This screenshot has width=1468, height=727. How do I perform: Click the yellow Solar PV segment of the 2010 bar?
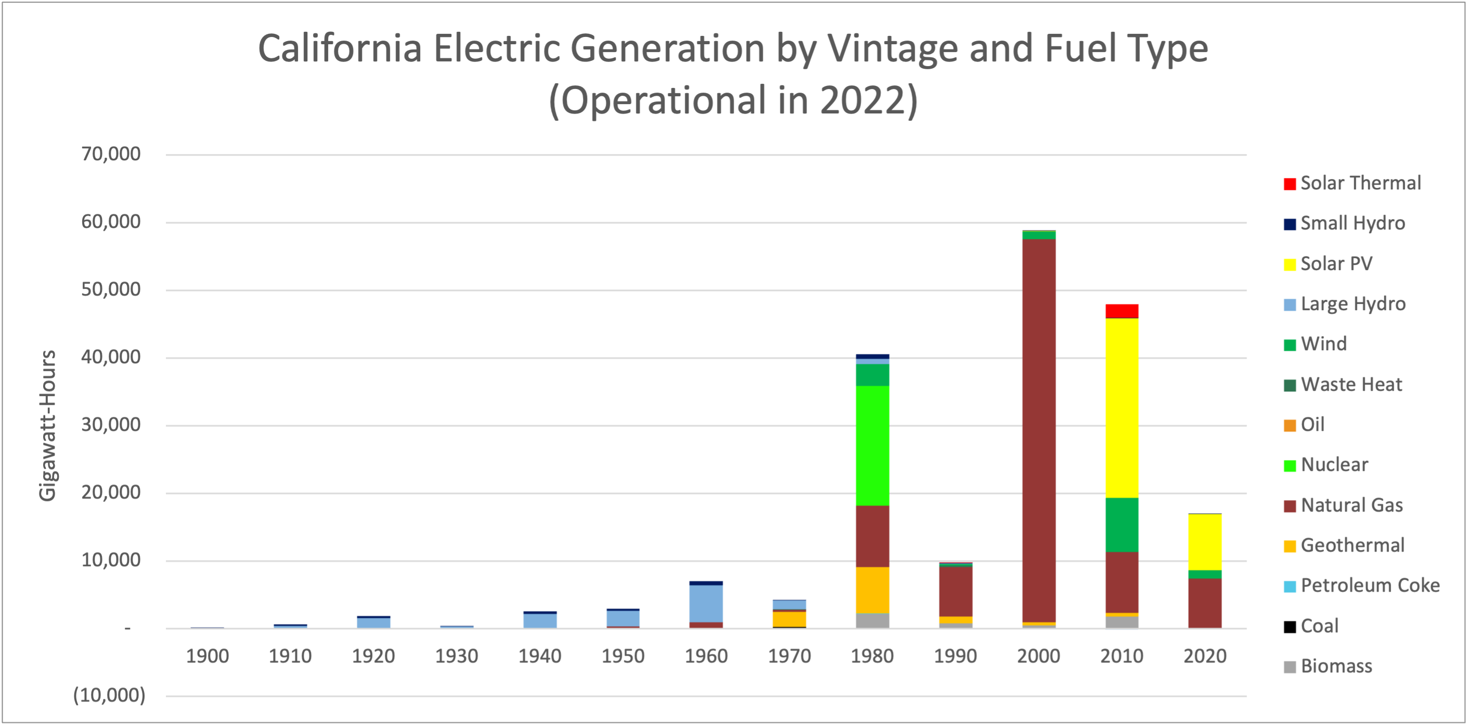click(1122, 407)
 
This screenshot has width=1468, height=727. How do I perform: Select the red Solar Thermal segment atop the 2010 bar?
click(1122, 311)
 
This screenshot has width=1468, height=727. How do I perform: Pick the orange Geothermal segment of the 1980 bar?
click(872, 590)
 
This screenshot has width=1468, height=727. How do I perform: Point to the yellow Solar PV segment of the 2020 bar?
click(1205, 542)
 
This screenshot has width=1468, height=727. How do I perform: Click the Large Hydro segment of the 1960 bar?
click(706, 603)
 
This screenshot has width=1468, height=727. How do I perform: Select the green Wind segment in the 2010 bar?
click(1122, 525)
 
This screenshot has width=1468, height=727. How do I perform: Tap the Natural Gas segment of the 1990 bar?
click(955, 591)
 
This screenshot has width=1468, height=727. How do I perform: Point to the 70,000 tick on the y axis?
click(111, 154)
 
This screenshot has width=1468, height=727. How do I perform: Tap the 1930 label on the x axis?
click(456, 656)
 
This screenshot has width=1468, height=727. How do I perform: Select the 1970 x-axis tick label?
click(789, 656)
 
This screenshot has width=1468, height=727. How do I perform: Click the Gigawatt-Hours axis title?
click(48, 425)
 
